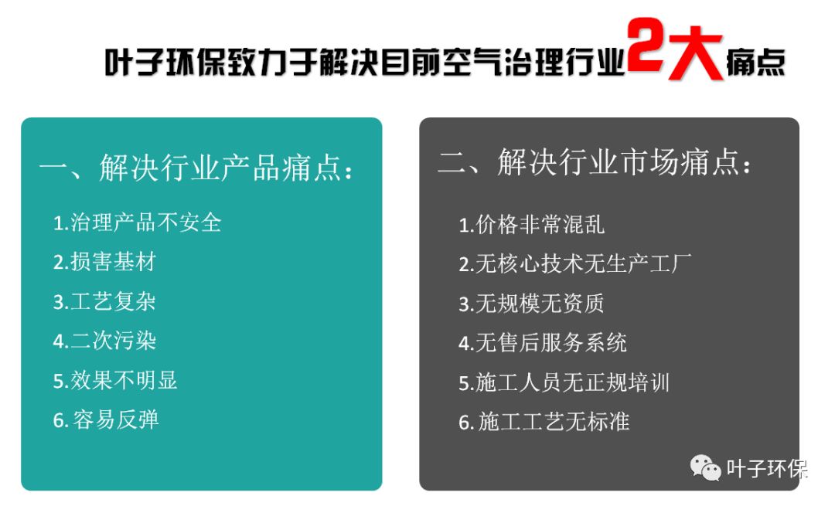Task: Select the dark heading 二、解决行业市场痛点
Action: [595, 164]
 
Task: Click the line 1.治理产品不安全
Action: [138, 223]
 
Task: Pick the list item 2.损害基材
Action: [104, 262]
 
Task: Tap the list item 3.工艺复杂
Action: [104, 301]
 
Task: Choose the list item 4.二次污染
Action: [104, 341]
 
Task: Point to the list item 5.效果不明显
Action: [115, 380]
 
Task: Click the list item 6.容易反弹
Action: [106, 419]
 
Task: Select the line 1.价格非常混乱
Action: [531, 225]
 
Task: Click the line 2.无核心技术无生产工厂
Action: [574, 264]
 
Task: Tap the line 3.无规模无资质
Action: [531, 304]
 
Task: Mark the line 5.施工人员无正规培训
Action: [564, 382]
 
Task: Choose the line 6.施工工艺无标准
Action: [544, 422]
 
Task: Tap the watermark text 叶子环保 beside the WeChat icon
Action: [766, 469]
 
